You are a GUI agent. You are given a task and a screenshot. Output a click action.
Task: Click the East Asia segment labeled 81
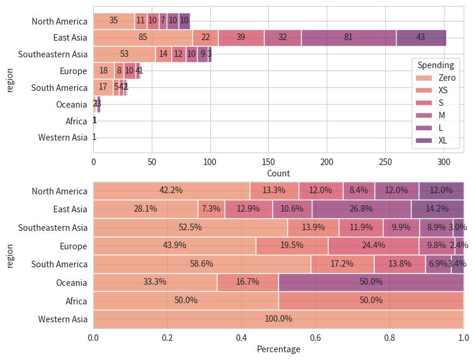click(x=348, y=38)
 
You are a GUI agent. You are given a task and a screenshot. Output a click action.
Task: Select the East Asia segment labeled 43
click(x=421, y=38)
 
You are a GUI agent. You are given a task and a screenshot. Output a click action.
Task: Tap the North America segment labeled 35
click(x=114, y=21)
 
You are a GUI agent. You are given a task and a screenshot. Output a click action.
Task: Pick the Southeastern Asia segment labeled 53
click(x=124, y=54)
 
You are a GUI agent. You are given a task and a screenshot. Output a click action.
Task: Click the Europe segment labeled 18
click(x=103, y=71)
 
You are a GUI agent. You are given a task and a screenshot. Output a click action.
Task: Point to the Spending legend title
click(x=436, y=65)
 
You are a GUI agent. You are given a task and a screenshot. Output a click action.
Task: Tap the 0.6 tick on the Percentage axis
click(x=315, y=337)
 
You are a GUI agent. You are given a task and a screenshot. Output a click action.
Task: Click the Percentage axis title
click(x=278, y=349)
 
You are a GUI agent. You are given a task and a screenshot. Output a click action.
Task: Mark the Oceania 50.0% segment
click(x=371, y=282)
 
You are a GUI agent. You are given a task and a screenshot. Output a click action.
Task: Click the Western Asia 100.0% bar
click(x=278, y=319)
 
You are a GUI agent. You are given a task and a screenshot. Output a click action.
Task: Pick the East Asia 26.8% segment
click(x=361, y=209)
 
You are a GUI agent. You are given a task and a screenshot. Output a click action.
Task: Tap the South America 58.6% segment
click(x=202, y=264)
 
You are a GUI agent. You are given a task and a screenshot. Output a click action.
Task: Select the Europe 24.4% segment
click(x=373, y=246)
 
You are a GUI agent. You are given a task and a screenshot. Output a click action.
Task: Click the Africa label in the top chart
click(x=76, y=121)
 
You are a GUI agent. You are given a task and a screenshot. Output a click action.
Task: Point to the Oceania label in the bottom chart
click(x=73, y=282)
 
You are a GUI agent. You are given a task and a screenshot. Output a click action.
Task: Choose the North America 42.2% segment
click(x=171, y=191)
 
